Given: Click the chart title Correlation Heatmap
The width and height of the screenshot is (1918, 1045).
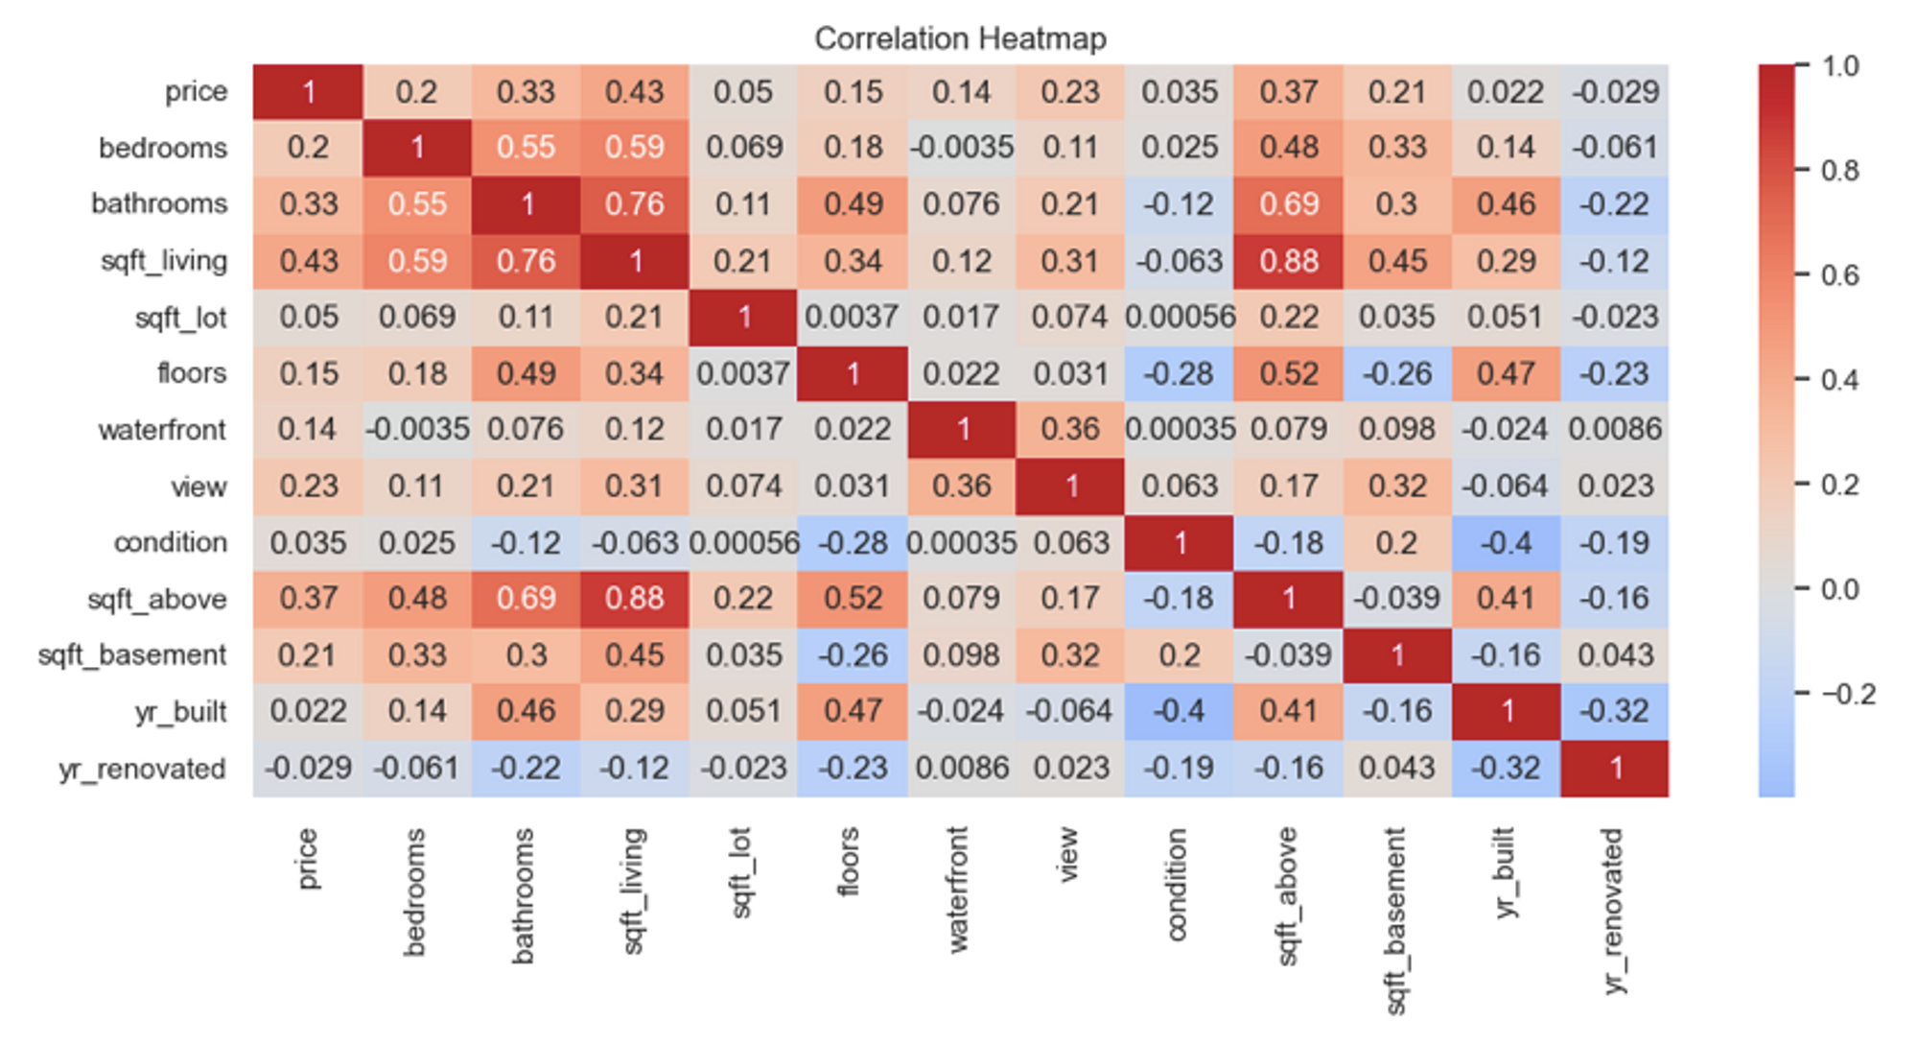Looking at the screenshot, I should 960,38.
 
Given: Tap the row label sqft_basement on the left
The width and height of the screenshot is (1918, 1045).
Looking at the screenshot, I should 132,655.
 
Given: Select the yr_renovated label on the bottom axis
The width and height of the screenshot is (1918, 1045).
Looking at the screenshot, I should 1614,911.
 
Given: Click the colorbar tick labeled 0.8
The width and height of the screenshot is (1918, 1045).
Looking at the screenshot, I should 1839,171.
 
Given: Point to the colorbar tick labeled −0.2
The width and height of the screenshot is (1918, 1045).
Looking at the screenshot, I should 1847,694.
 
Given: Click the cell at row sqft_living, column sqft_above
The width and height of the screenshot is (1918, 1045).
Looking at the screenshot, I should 1288,261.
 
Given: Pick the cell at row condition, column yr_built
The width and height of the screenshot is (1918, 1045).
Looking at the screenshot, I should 1506,543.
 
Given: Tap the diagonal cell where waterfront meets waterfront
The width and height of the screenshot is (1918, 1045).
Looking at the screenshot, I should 962,430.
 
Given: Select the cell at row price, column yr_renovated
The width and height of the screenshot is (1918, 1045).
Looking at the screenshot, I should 1615,92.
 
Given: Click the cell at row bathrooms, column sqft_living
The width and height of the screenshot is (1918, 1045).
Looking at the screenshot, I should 634,204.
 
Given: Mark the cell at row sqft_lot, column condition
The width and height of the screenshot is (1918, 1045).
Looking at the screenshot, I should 1180,318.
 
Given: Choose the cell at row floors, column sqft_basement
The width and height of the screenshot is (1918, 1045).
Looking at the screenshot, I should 1397,373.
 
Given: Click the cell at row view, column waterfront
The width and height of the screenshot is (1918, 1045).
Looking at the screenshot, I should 962,487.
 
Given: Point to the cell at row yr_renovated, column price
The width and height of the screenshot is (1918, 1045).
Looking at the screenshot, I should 308,769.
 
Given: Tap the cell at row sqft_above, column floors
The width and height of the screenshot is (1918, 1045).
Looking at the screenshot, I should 853,600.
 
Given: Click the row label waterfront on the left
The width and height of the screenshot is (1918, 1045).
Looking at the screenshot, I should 162,430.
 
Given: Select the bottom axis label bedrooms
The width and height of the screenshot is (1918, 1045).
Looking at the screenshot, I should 414,892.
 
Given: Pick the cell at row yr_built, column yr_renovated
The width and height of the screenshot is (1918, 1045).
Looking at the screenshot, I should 1615,712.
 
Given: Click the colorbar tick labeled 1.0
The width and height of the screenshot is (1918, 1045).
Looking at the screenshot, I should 1839,66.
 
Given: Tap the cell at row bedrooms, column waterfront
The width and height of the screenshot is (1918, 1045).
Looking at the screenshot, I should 962,148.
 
